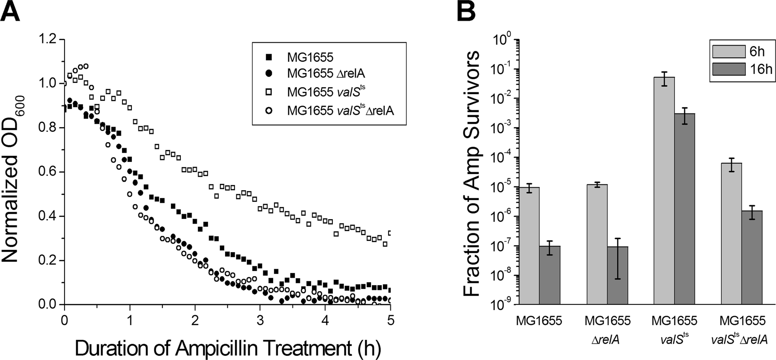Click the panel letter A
pyautogui.click(x=11, y=11)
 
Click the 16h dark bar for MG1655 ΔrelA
pyautogui.click(x=617, y=275)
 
